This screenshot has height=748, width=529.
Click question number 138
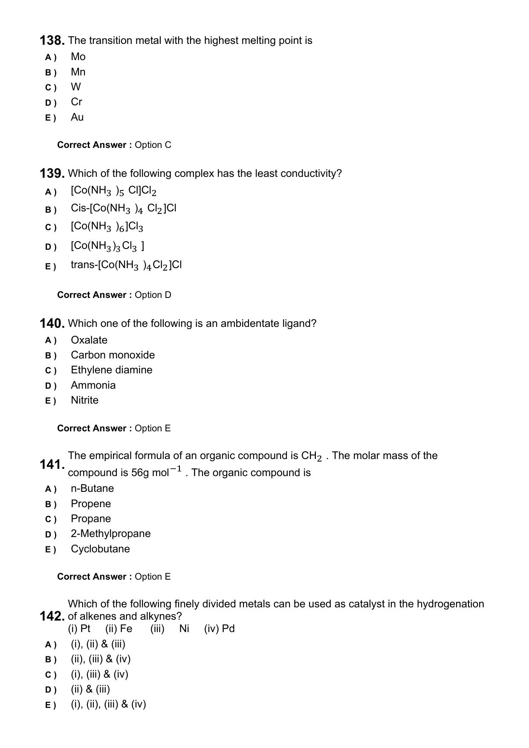pyautogui.click(x=52, y=41)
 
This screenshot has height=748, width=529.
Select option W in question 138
pyautogui.click(x=76, y=87)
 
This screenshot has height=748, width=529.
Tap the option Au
pyautogui.click(x=77, y=117)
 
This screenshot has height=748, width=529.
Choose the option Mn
pyautogui.click(x=78, y=72)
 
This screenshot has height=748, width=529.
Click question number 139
pyautogui.click(x=52, y=174)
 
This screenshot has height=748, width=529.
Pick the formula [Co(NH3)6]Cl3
pyautogui.click(x=107, y=227)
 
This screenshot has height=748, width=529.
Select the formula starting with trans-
pyautogui.click(x=126, y=265)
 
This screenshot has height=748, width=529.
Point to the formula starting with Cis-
pyautogui.click(x=123, y=208)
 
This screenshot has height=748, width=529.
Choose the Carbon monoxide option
pyautogui.click(x=113, y=355)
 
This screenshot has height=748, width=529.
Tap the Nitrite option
pyautogui.click(x=84, y=400)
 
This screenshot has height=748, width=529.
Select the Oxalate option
pyautogui.click(x=89, y=340)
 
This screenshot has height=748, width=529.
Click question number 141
pyautogui.click(x=52, y=465)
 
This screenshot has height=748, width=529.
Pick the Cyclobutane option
pyautogui.click(x=100, y=549)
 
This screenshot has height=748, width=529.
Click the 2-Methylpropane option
pyautogui.click(x=110, y=534)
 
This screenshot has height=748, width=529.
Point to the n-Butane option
pyautogui.click(x=92, y=488)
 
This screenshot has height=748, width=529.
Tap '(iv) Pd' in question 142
pyautogui.click(x=219, y=629)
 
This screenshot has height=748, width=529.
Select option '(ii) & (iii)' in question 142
pyautogui.click(x=90, y=689)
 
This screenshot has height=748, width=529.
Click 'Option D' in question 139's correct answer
pyautogui.click(x=153, y=295)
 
